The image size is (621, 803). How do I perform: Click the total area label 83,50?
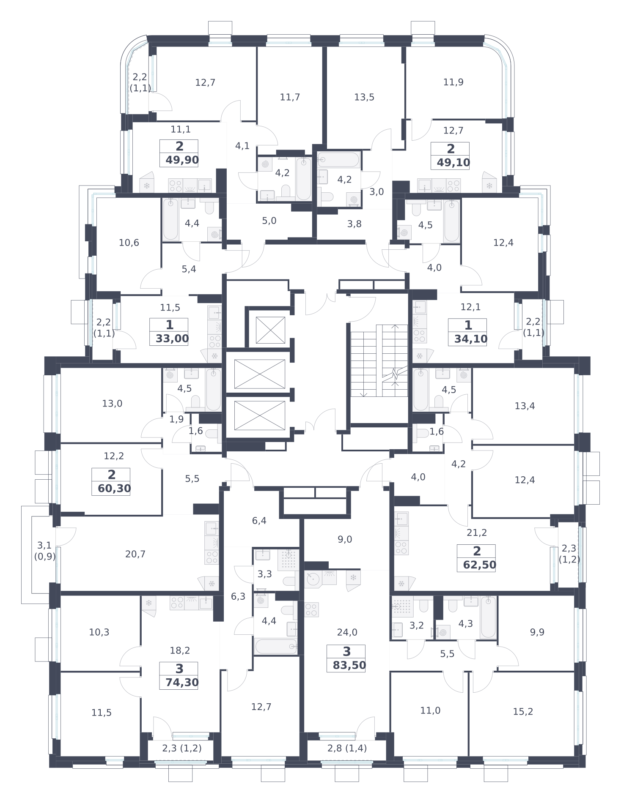(x=349, y=666)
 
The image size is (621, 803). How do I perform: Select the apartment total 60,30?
(x=114, y=489)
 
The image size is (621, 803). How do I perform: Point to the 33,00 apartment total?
(x=172, y=339)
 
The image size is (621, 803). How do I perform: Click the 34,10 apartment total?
(x=471, y=339)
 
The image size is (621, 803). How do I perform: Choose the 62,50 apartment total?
(x=480, y=565)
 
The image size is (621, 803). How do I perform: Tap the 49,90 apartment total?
(x=182, y=160)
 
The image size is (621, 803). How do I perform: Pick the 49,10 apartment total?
(x=453, y=163)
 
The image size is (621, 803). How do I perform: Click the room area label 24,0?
(x=347, y=632)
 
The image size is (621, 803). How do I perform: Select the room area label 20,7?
(x=135, y=554)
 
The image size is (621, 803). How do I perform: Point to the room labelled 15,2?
(x=523, y=712)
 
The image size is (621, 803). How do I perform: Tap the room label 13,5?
(x=364, y=97)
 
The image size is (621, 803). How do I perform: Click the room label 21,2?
(x=477, y=533)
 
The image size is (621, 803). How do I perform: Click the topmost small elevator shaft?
(x=270, y=330)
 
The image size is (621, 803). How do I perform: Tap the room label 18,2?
(x=180, y=650)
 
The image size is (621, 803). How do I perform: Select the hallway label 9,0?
(x=345, y=539)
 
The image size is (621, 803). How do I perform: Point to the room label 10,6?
(x=129, y=243)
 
